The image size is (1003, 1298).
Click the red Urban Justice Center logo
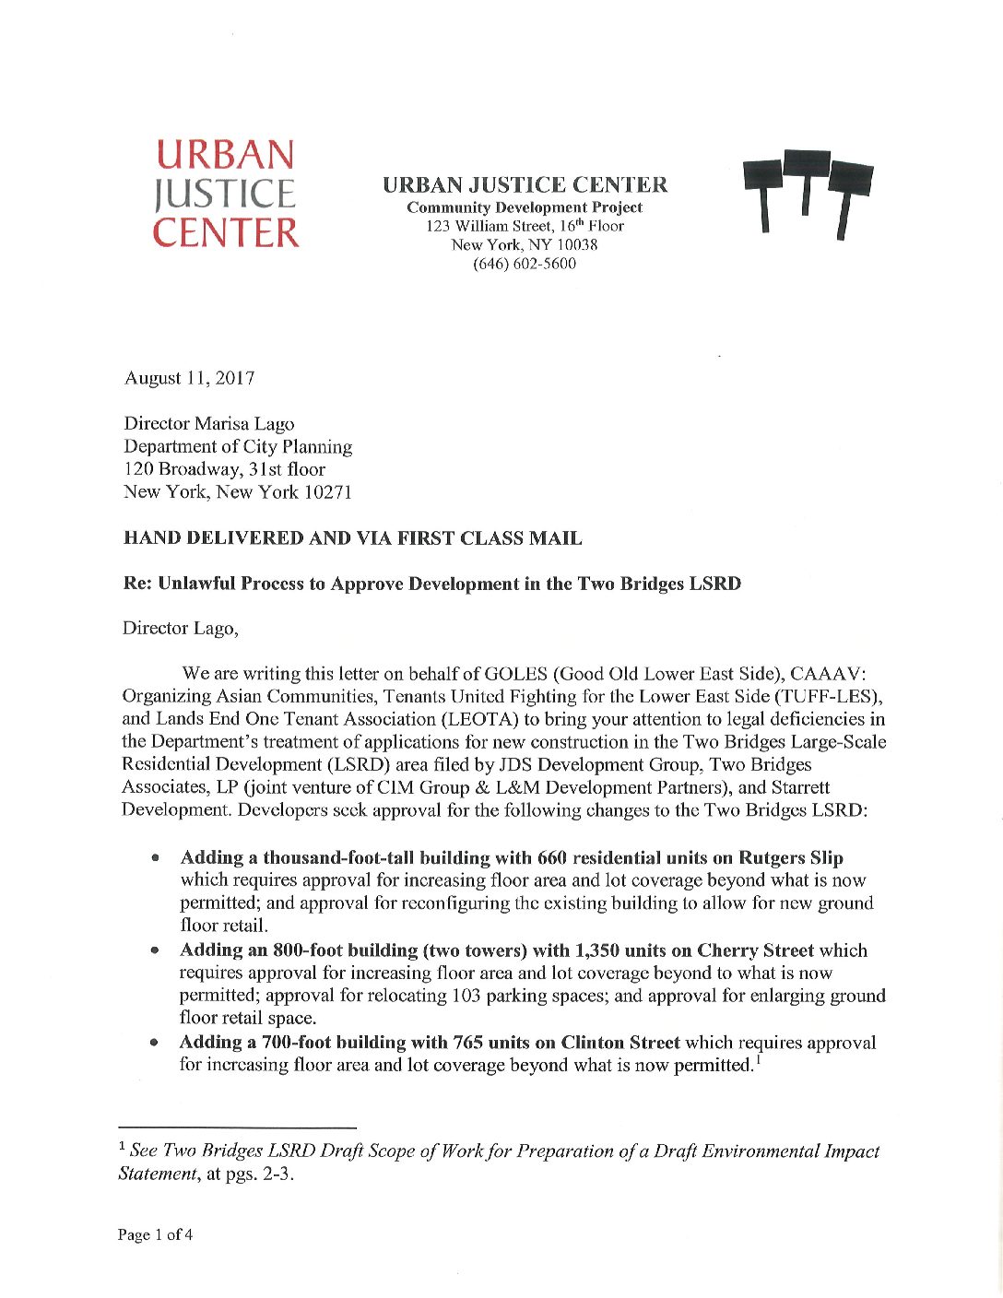[x=226, y=194]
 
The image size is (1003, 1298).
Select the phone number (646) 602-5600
[x=524, y=264]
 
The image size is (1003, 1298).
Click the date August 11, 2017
[x=189, y=378]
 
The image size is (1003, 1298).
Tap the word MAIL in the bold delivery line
[x=556, y=538]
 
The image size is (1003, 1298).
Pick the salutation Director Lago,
[x=180, y=629]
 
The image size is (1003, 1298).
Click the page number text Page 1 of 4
[x=155, y=1235]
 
